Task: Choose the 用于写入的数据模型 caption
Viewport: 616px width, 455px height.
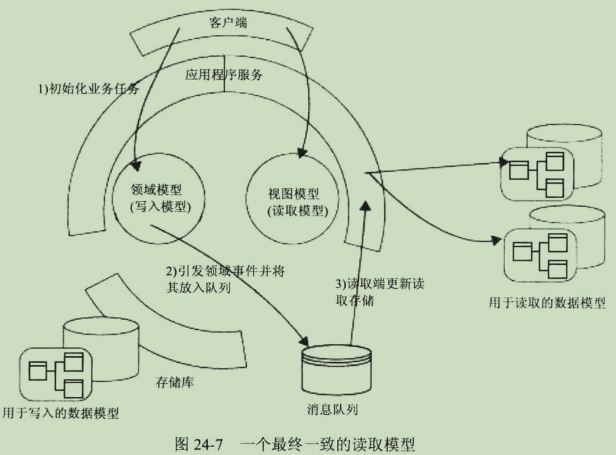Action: [x=61, y=413]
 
